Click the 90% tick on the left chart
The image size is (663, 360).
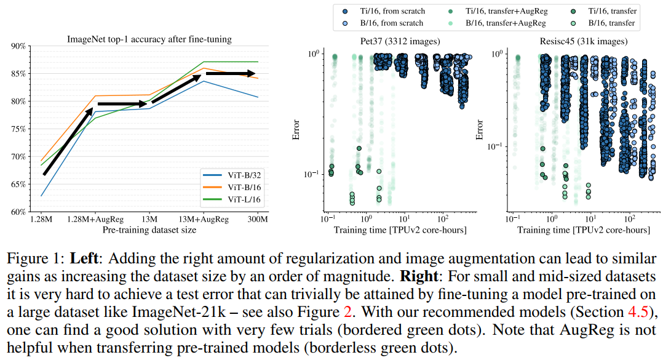17,46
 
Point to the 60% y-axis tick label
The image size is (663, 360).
17,212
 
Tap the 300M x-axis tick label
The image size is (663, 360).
258,220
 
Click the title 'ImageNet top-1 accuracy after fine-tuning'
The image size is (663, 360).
149,40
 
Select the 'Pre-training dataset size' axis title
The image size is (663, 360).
149,230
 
